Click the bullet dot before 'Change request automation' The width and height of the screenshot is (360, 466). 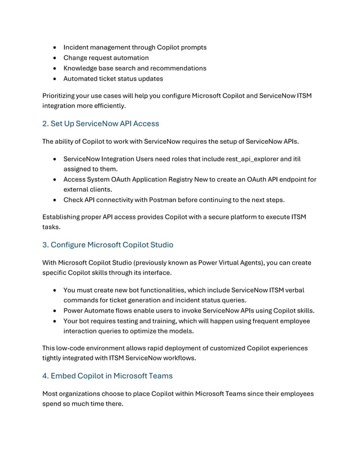pos(55,58)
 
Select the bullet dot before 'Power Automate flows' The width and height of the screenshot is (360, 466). pos(55,310)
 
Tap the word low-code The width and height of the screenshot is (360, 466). pos(72,348)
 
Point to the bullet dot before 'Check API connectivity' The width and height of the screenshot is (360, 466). pos(55,200)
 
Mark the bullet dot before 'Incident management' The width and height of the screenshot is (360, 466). pos(55,47)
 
